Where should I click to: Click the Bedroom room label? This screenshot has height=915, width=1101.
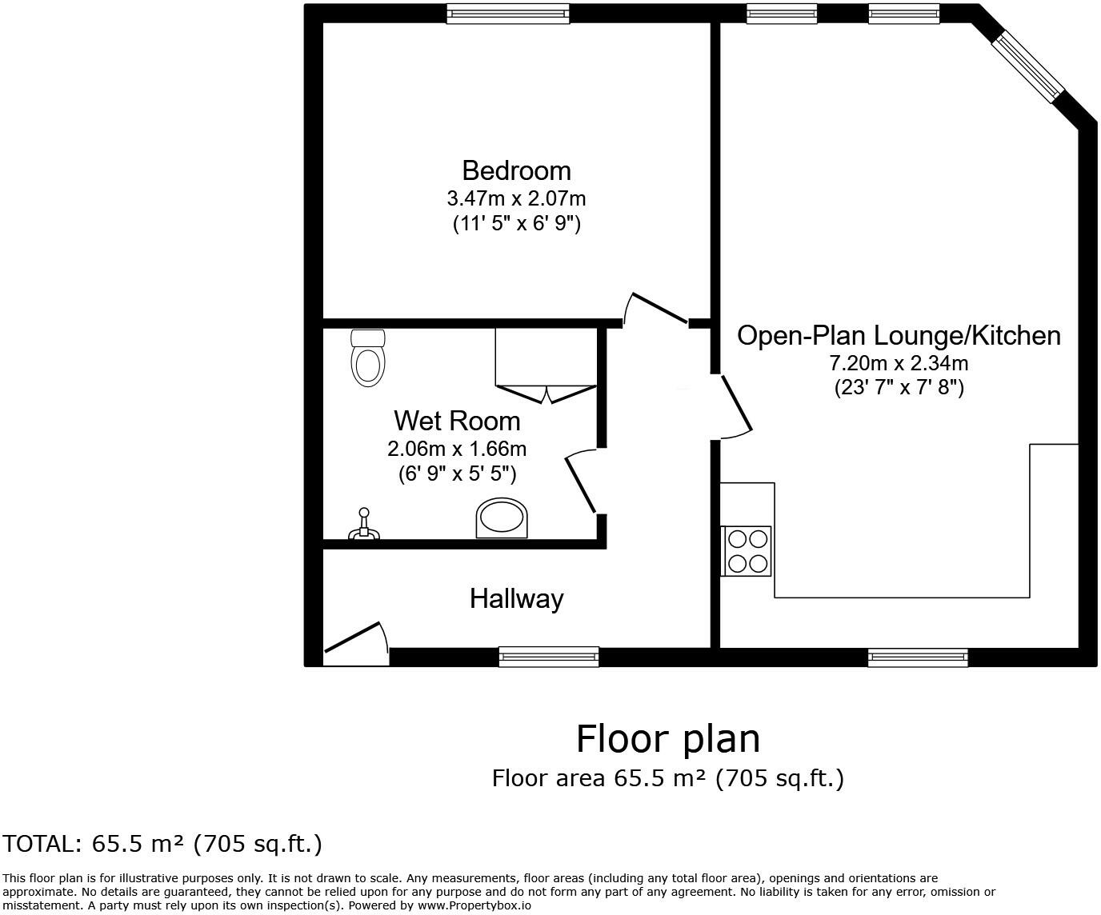point(516,170)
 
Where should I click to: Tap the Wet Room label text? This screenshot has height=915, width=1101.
point(456,421)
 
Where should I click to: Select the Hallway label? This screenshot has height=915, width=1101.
point(516,598)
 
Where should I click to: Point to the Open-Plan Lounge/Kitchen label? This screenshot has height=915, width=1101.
point(899,335)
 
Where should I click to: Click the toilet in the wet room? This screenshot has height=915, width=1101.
point(368,358)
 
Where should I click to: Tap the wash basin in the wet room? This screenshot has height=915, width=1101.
point(502,518)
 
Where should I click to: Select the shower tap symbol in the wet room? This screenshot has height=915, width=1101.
point(364,525)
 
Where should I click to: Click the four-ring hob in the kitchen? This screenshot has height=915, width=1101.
point(747,551)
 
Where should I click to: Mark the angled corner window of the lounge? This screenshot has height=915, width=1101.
point(1029,66)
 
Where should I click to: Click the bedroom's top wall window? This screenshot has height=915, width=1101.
point(508,14)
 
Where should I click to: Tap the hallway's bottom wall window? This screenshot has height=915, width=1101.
point(549,657)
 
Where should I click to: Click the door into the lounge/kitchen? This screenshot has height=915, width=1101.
point(735,406)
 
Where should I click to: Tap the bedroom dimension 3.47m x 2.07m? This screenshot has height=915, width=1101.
point(516,197)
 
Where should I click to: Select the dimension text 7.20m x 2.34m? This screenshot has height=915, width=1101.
point(899,363)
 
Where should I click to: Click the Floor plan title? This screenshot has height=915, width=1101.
point(668,738)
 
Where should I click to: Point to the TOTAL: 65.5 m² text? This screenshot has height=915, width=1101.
point(162,844)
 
